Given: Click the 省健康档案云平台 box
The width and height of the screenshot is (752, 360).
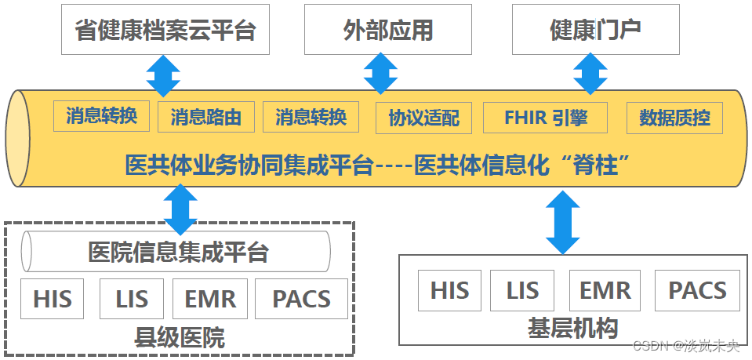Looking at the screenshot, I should click(x=165, y=30).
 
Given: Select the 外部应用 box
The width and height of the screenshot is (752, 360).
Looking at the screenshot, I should click(x=389, y=30).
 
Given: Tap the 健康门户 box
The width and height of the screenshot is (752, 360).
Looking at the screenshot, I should click(x=595, y=30).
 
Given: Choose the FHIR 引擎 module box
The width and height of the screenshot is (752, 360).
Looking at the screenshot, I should click(x=546, y=118).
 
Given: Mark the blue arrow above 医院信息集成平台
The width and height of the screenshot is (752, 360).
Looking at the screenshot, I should click(x=181, y=207).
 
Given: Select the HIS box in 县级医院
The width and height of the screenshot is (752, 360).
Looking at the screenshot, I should click(x=53, y=299).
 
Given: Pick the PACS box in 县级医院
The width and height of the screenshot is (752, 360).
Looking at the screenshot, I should click(x=301, y=299).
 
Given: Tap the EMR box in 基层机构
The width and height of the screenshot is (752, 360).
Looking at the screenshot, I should click(x=605, y=290).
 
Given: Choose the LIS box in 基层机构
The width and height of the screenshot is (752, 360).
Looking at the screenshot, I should click(x=522, y=290).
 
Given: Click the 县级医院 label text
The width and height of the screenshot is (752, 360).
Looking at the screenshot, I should click(x=180, y=338).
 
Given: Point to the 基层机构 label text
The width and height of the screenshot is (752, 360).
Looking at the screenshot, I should click(x=573, y=327).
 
